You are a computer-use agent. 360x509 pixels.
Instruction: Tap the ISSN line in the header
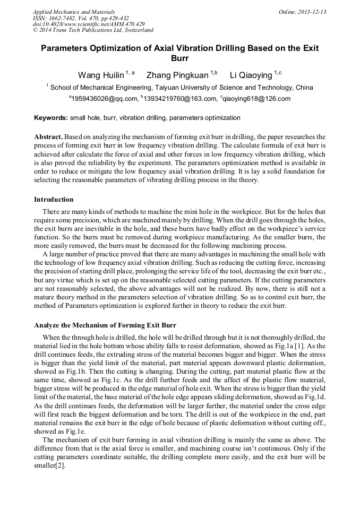click(x=81, y=18)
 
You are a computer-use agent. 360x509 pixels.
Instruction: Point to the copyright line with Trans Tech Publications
click(x=93, y=30)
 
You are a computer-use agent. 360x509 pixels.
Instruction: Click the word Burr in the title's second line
click(x=180, y=58)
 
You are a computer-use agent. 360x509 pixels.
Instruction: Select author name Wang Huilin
click(x=101, y=75)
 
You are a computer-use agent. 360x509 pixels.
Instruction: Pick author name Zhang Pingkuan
click(x=177, y=75)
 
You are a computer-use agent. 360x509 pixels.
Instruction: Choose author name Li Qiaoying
click(x=251, y=75)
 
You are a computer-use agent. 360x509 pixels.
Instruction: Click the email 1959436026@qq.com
click(x=104, y=99)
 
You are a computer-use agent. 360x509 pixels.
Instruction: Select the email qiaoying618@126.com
click(x=256, y=99)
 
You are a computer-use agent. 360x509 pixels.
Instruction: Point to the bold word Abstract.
click(x=50, y=137)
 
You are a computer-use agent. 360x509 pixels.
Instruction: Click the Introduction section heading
click(x=54, y=200)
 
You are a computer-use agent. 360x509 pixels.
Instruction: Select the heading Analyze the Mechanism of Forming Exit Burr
click(x=105, y=325)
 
